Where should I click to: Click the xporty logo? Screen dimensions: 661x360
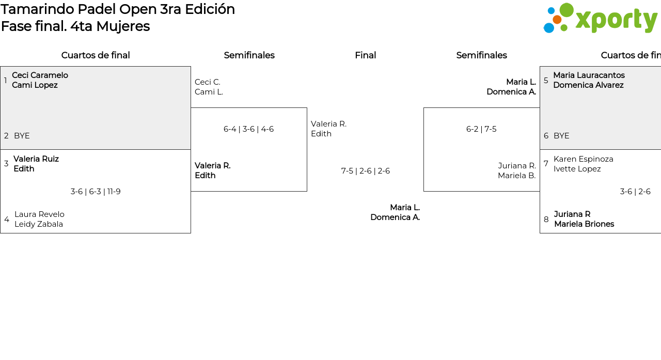click(x=601, y=18)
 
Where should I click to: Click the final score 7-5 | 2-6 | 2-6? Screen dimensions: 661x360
click(x=365, y=171)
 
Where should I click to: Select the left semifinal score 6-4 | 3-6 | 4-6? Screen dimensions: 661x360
click(x=248, y=129)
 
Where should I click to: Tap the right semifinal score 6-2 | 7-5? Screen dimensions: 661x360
click(x=481, y=129)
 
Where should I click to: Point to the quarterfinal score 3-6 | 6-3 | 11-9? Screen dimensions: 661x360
click(x=96, y=192)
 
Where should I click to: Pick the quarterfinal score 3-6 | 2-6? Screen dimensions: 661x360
click(x=635, y=192)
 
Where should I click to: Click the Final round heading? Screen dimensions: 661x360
click(x=365, y=55)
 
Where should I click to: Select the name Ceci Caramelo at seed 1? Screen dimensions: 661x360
click(x=40, y=75)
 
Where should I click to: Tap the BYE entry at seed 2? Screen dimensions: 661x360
click(x=22, y=136)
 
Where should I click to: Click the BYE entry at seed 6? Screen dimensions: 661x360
click(x=561, y=136)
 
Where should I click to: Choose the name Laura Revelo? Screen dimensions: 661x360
click(x=39, y=214)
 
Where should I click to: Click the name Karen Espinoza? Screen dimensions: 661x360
click(x=584, y=159)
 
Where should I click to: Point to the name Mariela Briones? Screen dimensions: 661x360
click(x=584, y=224)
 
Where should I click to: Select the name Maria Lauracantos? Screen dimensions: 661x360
click(x=589, y=75)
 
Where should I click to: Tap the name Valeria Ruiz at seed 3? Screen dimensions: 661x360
click(x=36, y=159)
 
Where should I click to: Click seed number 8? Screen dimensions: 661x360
click(x=546, y=219)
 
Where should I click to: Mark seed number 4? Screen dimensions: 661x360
click(x=7, y=219)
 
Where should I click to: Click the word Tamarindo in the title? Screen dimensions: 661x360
click(x=38, y=9)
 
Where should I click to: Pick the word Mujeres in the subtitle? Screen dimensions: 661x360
click(x=123, y=26)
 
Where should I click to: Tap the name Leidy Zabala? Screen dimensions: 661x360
click(x=39, y=224)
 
